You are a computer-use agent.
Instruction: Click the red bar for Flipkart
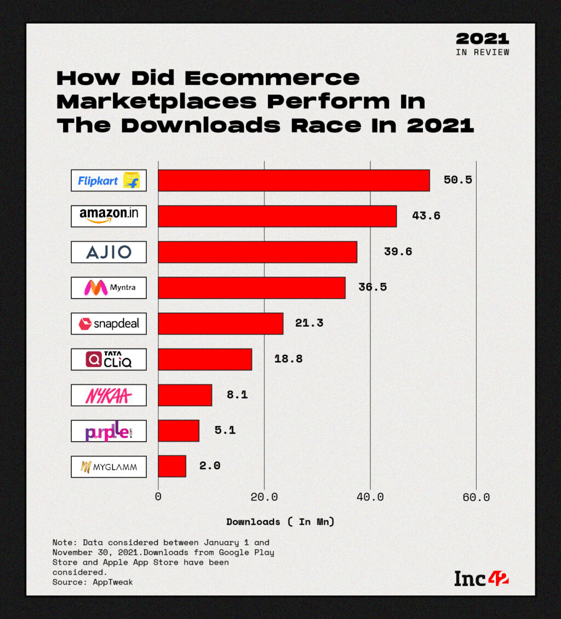(294, 180)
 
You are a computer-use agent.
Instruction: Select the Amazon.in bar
(277, 216)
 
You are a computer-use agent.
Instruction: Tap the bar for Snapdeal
(220, 323)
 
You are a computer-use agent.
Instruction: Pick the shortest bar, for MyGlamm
(172, 466)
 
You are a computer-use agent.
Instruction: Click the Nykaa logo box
(108, 395)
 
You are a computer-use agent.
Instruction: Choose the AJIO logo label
(108, 252)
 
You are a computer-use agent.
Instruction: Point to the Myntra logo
(108, 287)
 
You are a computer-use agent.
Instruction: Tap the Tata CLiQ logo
(108, 359)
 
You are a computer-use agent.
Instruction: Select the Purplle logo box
(108, 431)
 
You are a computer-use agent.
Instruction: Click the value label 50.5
(457, 180)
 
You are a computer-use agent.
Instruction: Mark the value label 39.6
(398, 252)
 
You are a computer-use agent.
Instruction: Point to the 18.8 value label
(288, 359)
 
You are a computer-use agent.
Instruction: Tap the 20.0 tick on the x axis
(264, 497)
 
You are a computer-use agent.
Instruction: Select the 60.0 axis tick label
(476, 497)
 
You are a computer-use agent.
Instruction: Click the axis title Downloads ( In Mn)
(280, 522)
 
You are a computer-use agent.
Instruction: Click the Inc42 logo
(481, 578)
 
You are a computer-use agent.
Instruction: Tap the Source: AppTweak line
(93, 582)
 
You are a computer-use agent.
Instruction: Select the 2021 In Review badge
(482, 44)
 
